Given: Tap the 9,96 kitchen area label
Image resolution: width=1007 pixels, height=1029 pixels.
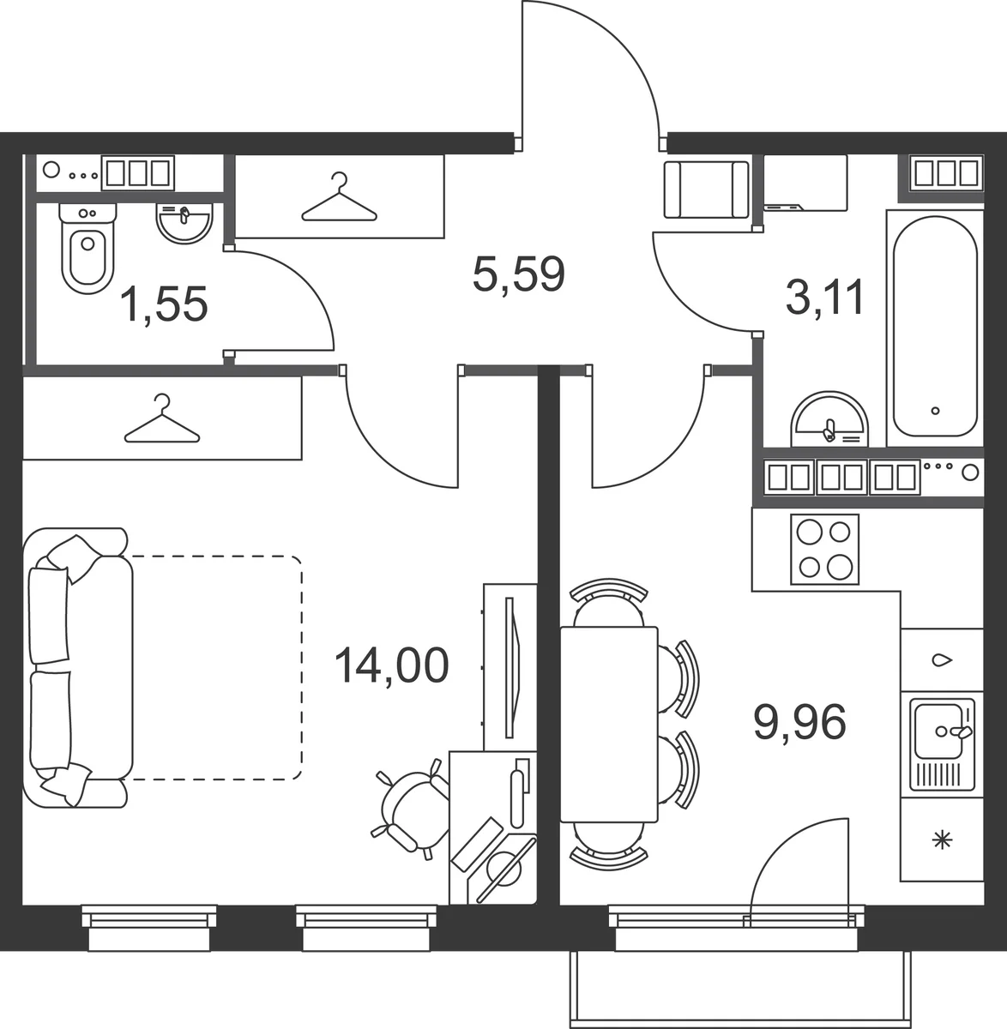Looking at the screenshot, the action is pos(799,723).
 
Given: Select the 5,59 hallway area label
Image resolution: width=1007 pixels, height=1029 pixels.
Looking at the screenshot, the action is pos(519,274).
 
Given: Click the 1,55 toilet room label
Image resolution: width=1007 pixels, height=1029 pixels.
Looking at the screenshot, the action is pos(164,304).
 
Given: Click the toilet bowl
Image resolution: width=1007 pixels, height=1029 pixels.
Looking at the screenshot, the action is pos(87,250).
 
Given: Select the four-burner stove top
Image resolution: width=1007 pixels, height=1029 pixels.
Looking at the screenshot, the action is pos(824,550).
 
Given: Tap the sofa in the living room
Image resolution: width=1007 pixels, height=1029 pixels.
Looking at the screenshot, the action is pos(78,667).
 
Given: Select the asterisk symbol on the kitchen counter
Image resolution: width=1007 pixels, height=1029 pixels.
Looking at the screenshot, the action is pos(942,839).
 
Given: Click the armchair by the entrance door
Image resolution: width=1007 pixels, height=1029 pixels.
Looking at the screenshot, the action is pos(707,190).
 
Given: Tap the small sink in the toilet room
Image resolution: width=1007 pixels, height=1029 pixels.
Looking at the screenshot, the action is pos(184,223).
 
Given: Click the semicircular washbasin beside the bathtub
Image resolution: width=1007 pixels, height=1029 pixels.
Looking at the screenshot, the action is pos(829,419).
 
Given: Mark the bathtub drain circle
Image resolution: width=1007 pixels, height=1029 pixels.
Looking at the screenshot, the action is pos(935,411).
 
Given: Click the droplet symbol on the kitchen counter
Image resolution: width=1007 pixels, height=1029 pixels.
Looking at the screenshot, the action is pos(942,660).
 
